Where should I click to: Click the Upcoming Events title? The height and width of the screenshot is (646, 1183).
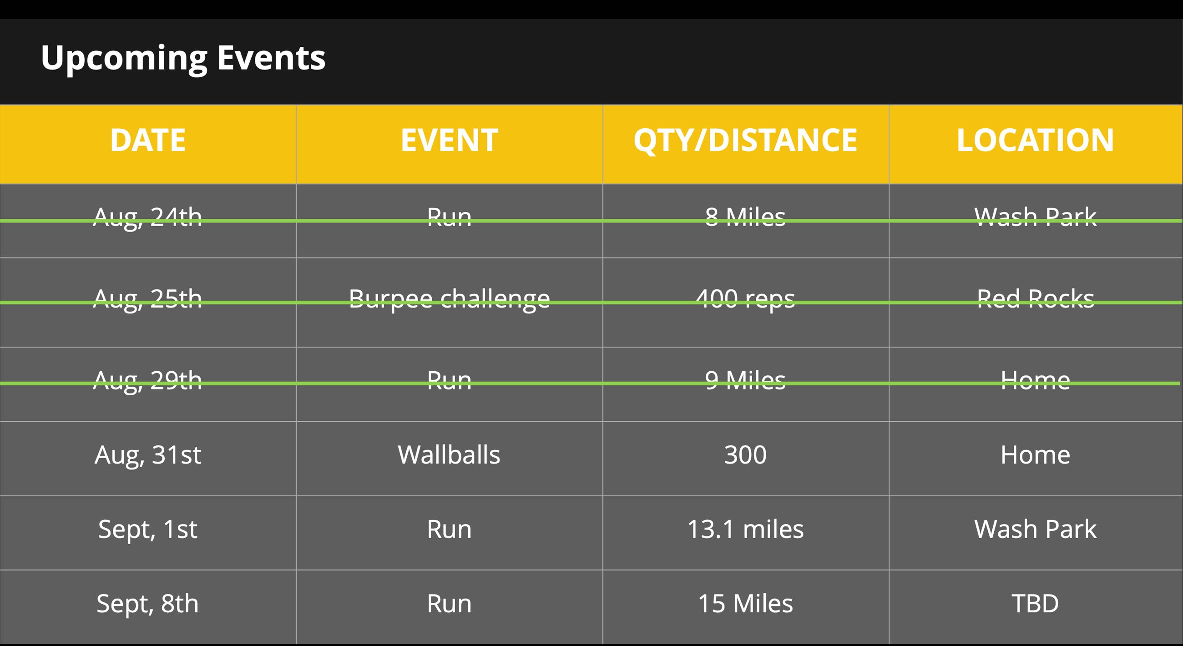[x=183, y=58]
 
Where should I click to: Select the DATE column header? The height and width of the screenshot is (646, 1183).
[x=148, y=140]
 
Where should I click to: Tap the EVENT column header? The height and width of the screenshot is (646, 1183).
[x=449, y=140]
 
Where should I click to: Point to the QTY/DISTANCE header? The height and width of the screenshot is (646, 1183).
[x=745, y=141]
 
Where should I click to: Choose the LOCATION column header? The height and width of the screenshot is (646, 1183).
[x=1035, y=140]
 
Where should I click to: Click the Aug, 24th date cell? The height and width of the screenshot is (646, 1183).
[x=148, y=217]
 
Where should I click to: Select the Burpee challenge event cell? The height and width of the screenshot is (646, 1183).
[x=449, y=300]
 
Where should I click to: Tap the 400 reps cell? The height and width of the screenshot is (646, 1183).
[x=745, y=300]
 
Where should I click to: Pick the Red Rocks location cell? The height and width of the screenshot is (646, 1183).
[x=1035, y=299]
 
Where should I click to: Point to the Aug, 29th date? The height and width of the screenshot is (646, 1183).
[x=148, y=381]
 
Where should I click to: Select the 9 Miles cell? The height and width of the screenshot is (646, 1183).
[x=745, y=380]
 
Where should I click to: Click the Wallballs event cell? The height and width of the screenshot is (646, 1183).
[x=449, y=454]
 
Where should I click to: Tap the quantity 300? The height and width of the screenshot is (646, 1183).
[x=745, y=455]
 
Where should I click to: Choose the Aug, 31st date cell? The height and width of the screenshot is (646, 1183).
[x=148, y=455]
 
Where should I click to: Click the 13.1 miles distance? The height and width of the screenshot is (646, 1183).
[x=745, y=529]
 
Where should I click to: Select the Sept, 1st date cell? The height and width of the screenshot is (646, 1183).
[x=148, y=530]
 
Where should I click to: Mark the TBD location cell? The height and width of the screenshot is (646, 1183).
[x=1035, y=603]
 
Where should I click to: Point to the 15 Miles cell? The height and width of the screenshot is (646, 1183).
[x=745, y=603]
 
